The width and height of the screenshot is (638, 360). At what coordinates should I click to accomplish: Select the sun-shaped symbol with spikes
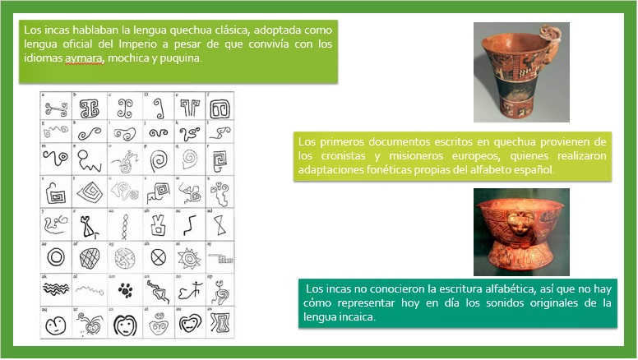(x=189, y=257)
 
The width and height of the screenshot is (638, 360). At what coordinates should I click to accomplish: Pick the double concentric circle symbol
(x=56, y=257)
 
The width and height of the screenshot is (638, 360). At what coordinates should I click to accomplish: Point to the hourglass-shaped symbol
(x=220, y=224)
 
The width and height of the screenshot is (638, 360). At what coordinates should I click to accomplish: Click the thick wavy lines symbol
(x=56, y=289)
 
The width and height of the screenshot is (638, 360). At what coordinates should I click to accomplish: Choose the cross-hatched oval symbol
(x=90, y=257)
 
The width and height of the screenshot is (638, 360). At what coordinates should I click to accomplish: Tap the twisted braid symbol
(x=124, y=224)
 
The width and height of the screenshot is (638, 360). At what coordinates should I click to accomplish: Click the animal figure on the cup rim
(x=549, y=38)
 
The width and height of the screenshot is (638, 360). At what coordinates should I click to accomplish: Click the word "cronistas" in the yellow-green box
(x=336, y=155)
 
